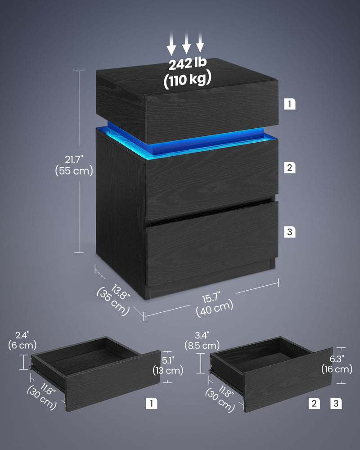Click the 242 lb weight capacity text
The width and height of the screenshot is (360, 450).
[187, 64]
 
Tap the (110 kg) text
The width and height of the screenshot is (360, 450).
[187, 80]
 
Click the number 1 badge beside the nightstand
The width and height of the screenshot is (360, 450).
[290, 104]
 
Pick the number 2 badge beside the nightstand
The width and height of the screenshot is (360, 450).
[290, 168]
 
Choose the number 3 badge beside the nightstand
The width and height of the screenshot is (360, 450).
[290, 232]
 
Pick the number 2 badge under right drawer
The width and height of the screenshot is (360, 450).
[314, 404]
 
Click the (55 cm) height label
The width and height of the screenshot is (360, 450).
[74, 171]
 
